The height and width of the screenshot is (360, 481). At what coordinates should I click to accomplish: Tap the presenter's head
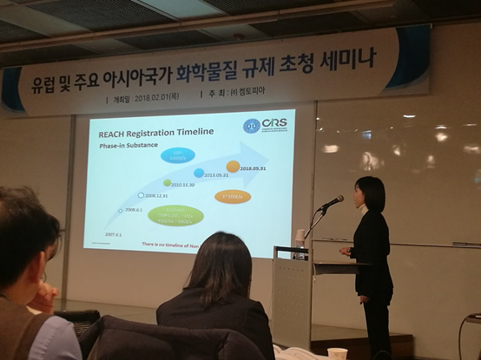point(370,193)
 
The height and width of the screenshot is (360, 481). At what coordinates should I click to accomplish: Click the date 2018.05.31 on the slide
point(258,168)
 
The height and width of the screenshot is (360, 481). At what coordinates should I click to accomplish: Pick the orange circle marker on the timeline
point(233,167)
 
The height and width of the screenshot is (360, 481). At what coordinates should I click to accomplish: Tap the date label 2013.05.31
point(216,174)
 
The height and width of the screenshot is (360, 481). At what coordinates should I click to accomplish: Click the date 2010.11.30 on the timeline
point(187,184)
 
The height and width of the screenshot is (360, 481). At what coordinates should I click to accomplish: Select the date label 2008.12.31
point(162,196)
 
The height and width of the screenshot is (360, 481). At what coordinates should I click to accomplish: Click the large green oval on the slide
point(175,215)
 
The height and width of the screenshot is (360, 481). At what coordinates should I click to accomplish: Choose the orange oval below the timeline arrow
point(233,197)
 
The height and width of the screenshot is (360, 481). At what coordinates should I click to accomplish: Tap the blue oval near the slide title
point(178,155)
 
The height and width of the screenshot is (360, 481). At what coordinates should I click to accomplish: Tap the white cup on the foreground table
point(337,353)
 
